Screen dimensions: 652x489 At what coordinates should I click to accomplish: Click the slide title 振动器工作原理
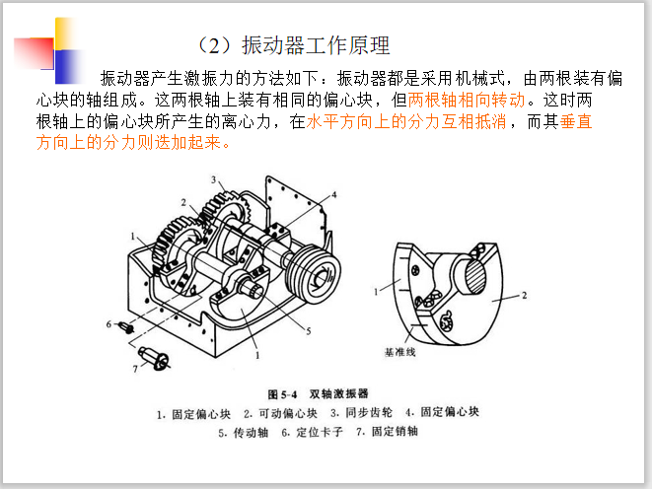[316, 45]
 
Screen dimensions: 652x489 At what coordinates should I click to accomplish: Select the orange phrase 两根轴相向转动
[467, 101]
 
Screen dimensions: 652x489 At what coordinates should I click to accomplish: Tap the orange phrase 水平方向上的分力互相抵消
[406, 121]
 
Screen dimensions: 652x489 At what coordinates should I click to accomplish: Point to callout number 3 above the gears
[213, 179]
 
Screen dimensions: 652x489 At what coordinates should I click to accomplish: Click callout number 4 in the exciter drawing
[333, 195]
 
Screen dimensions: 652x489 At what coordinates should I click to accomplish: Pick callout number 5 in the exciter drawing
[309, 331]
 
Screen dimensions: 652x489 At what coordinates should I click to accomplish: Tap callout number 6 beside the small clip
[109, 324]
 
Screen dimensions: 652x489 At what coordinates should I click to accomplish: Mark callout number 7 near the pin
[135, 369]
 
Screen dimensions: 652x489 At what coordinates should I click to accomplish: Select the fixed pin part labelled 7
[154, 358]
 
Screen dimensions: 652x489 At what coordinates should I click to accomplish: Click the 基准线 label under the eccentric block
[400, 352]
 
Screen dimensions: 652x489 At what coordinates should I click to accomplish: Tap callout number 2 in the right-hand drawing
[525, 295]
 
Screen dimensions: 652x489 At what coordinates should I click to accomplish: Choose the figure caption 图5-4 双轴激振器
[318, 393]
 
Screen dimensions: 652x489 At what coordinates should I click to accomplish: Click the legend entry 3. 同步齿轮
[361, 412]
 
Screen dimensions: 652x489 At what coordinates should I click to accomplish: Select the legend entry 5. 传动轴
[244, 433]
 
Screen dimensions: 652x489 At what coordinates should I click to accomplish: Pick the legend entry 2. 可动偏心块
[281, 413]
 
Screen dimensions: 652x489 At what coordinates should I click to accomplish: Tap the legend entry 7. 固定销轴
[387, 431]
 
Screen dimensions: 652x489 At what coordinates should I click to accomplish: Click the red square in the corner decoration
[34, 53]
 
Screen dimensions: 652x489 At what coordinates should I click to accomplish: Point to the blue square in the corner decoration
[69, 66]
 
